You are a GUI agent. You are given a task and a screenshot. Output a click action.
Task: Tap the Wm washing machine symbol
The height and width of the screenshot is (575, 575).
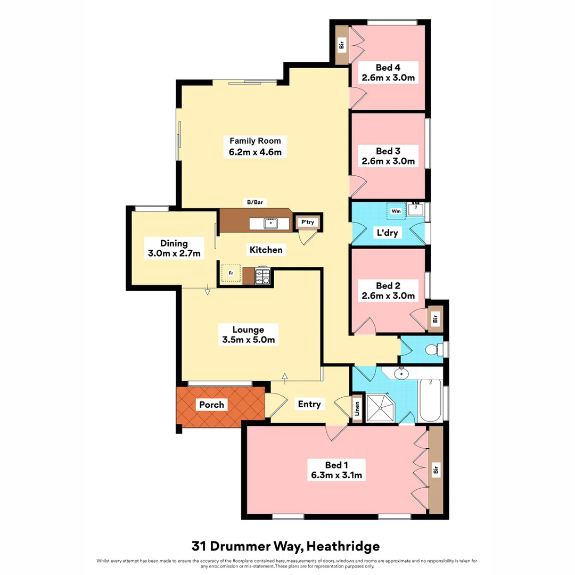point(396,211)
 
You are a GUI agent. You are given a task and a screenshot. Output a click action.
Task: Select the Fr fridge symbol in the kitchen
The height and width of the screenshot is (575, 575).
point(231,273)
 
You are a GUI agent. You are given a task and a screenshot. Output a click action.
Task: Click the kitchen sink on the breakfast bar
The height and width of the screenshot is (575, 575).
point(270,223)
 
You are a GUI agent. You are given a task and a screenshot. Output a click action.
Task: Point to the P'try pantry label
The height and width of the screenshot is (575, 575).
point(307,223)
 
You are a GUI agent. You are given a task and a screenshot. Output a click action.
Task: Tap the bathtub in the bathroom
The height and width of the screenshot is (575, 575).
point(430,401)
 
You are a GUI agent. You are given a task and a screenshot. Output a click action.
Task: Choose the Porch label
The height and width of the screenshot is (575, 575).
point(212,405)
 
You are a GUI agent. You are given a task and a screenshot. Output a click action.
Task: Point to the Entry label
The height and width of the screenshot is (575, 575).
point(309,404)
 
